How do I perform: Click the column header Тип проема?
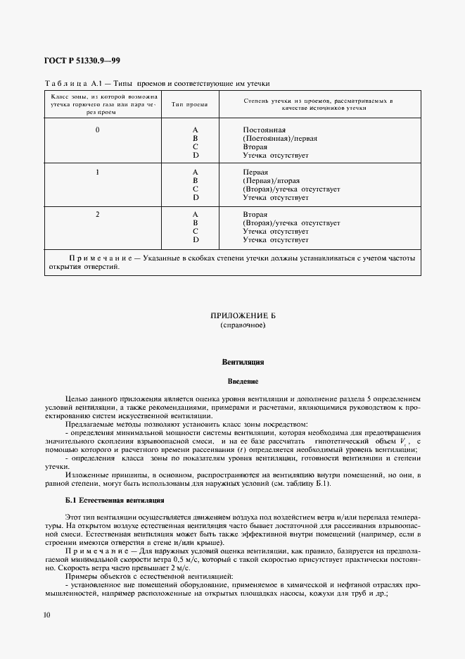[x=190, y=104]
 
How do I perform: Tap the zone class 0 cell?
[x=97, y=130]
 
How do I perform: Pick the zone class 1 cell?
[x=97, y=171]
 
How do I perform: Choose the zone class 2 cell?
[x=97, y=213]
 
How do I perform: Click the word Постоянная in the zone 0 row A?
[x=264, y=130]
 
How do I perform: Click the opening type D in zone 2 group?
[x=195, y=240]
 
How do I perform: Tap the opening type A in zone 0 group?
[x=195, y=130]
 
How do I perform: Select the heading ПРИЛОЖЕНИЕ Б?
[x=243, y=316]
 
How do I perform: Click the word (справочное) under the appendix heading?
[x=243, y=326]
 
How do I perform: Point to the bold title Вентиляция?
[x=243, y=362]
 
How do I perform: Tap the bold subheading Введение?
[x=243, y=382]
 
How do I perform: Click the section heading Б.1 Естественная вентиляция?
[x=114, y=500]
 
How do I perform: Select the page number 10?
[x=46, y=615]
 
